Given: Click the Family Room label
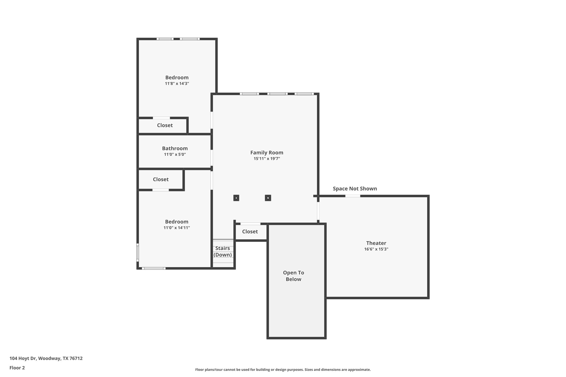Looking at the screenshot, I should [267, 153].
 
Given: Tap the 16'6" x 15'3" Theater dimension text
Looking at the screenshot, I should [376, 249].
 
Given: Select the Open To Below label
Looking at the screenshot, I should [293, 276].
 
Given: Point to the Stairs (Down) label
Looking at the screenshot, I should [223, 251].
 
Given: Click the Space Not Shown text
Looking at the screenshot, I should [355, 188].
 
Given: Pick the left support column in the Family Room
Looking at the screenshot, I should [236, 198].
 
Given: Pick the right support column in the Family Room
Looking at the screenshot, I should [268, 198].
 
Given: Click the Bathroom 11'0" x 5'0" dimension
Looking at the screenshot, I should [175, 154].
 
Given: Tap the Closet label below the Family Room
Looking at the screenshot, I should [250, 231].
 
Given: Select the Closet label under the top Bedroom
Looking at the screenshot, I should [165, 125].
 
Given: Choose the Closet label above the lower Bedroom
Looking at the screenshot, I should [161, 179].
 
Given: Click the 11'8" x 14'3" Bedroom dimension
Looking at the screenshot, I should [177, 84].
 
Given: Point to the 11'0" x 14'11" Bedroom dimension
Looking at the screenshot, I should [176, 228].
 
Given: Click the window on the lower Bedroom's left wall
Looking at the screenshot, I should [138, 252].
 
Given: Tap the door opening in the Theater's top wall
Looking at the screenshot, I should [353, 196].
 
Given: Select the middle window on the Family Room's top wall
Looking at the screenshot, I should [277, 94].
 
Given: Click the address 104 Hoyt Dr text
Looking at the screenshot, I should [46, 358].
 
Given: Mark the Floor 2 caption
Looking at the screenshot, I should [17, 368].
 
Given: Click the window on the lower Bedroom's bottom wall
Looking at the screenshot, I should [153, 268].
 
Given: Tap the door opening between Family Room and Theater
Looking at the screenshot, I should [318, 211].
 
